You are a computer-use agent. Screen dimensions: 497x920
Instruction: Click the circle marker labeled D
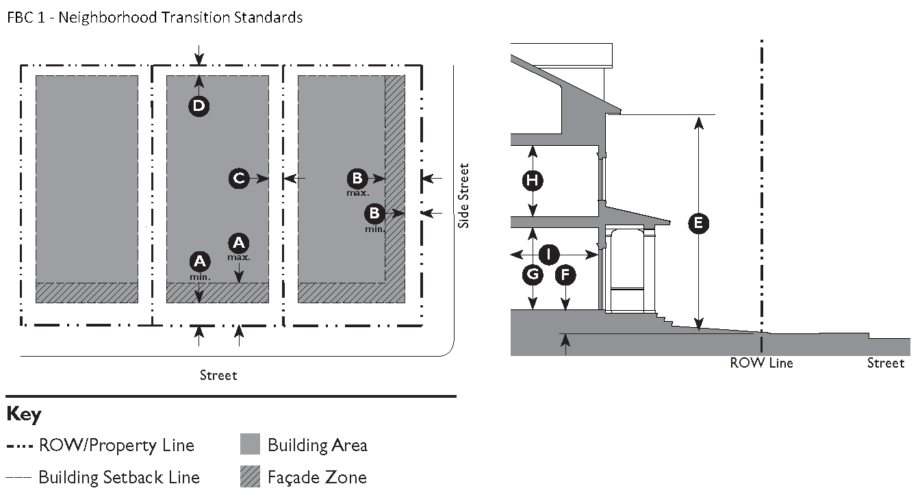click(199, 105)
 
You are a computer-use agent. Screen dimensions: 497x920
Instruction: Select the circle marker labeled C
click(239, 179)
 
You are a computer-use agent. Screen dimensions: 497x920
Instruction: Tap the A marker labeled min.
click(199, 261)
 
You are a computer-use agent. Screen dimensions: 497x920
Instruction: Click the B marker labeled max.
click(357, 179)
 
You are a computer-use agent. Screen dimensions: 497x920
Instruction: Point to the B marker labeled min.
click(374, 213)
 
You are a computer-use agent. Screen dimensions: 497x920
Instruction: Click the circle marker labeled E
click(698, 223)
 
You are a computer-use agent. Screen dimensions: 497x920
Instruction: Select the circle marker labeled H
click(532, 181)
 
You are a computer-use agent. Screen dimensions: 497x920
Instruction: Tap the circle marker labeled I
click(548, 255)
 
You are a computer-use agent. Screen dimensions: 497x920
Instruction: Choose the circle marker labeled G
click(532, 275)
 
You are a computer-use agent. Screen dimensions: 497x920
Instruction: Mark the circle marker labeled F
click(565, 275)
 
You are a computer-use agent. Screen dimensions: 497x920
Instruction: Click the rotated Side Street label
click(464, 195)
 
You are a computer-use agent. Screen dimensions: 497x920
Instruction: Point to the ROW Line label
click(761, 363)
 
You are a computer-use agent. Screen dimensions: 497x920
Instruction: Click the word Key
click(24, 415)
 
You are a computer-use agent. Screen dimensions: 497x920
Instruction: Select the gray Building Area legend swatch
click(251, 445)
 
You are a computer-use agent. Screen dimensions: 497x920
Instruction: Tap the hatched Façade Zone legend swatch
click(251, 476)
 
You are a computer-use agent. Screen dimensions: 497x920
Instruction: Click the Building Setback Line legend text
click(119, 477)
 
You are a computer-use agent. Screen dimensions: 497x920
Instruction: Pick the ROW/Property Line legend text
click(116, 446)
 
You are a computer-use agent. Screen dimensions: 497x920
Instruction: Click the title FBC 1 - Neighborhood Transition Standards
click(155, 18)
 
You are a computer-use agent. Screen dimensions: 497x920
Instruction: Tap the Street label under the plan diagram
click(218, 375)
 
